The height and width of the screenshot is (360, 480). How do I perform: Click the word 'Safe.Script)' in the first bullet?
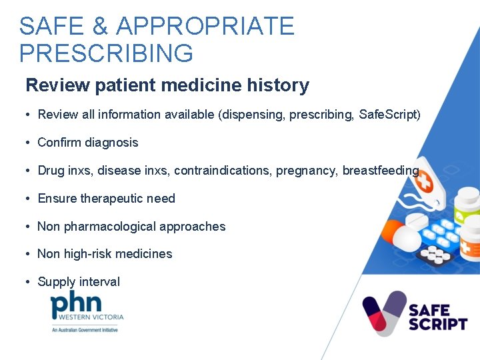point(389,115)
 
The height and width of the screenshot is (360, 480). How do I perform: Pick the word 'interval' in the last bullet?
point(99,282)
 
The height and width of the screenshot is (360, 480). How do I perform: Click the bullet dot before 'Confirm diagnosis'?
point(28,143)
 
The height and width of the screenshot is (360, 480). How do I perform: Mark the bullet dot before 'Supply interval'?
point(28,282)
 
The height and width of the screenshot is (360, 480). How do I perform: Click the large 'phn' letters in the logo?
point(76,303)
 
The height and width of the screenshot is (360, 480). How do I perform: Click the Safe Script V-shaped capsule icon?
point(384,313)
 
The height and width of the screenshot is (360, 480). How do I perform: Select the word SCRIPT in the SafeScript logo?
point(437,325)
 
